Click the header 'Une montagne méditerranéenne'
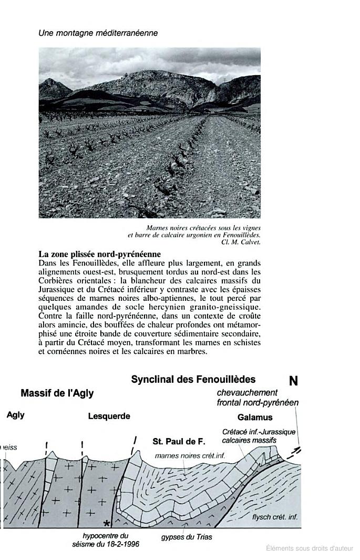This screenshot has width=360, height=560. [98, 33]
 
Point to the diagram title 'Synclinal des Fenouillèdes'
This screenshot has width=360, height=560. [193, 379]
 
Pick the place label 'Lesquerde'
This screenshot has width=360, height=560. [109, 416]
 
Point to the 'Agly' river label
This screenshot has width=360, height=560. [15, 415]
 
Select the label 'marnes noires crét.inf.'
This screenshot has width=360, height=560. [190, 456]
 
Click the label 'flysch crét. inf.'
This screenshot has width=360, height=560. [275, 517]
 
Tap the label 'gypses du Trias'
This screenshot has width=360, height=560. [187, 537]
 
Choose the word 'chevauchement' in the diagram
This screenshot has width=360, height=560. [247, 393]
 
